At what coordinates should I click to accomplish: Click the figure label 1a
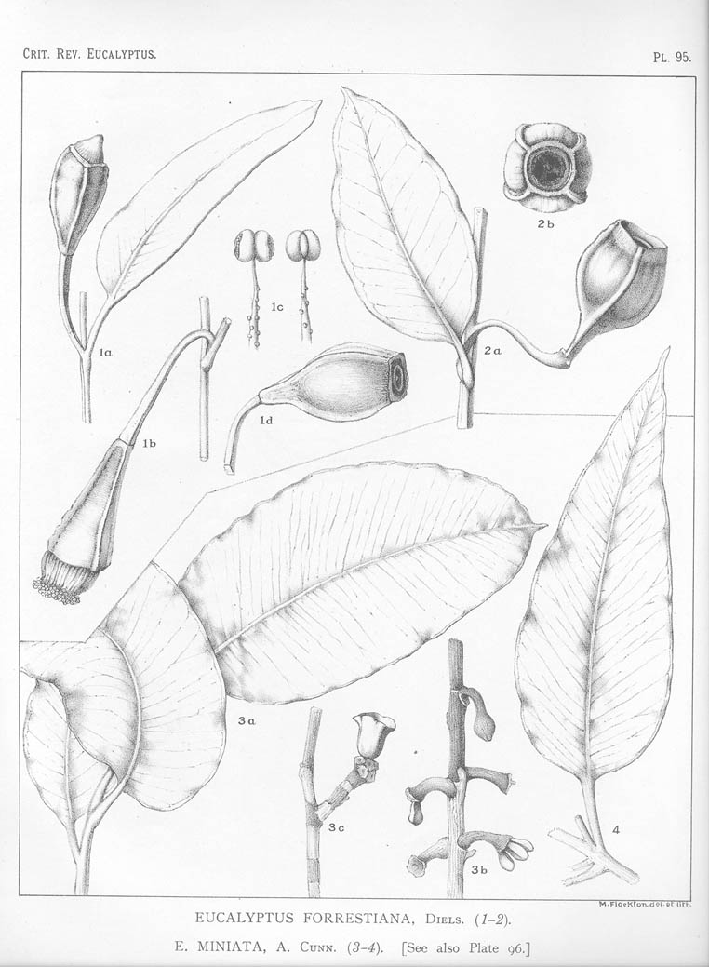click(105, 353)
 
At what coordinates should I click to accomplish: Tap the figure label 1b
click(150, 444)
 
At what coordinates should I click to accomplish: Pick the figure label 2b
click(545, 224)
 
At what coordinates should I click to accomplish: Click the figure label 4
click(616, 828)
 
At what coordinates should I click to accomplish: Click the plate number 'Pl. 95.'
click(671, 57)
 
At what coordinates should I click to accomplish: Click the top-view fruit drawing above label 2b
click(546, 168)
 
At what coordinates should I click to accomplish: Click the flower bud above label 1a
click(79, 191)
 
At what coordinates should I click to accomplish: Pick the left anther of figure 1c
click(244, 246)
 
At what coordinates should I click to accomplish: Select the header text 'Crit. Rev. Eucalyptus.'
click(89, 54)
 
